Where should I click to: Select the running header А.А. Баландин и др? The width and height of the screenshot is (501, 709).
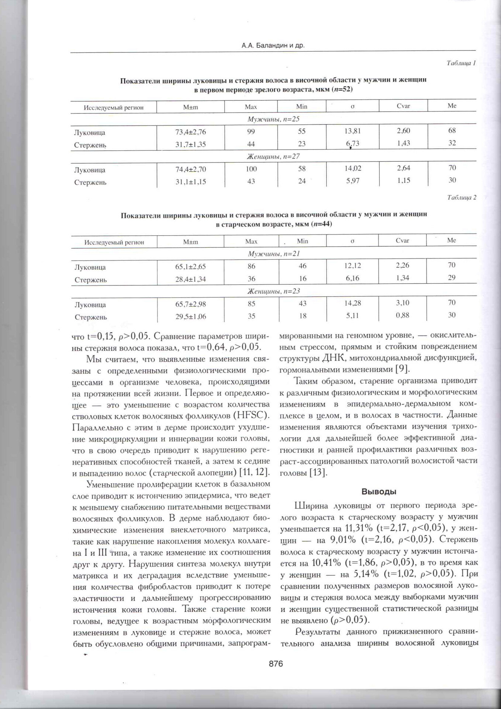pos(273,46)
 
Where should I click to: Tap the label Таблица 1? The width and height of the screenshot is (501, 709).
pos(461,63)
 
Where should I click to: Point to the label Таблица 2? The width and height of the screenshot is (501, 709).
pos(462,198)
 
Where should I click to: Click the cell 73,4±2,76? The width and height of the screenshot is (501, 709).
pos(190,132)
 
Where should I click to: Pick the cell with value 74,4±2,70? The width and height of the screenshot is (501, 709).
pos(190,169)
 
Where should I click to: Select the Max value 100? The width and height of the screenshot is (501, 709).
pos(251,169)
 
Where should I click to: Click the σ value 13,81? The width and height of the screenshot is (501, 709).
pos(353,131)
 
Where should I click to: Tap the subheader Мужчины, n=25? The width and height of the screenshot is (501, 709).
pos(273,119)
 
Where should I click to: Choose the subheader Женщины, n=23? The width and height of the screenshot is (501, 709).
pos(273,291)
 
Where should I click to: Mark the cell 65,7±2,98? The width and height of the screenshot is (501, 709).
pos(190,304)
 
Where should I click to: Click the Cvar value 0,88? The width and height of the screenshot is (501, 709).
pos(402,315)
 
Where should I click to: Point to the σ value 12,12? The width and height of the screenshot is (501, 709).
pos(353,266)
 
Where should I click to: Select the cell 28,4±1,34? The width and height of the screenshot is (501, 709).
pos(190,279)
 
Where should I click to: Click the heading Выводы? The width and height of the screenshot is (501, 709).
pos(379,492)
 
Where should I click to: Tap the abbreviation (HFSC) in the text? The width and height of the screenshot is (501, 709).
pos(252,415)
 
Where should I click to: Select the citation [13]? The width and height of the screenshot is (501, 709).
pos(318,472)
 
